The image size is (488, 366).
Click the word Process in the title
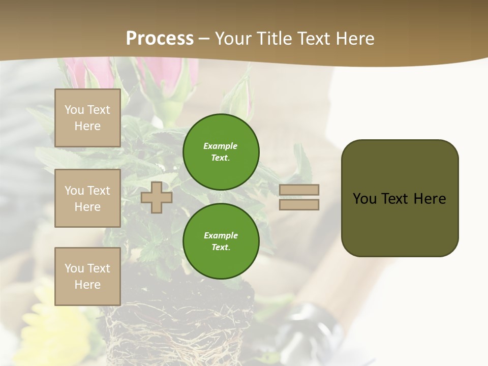160,39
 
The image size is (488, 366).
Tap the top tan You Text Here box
87,118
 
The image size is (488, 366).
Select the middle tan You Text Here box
87,198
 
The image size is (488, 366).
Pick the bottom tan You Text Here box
87,276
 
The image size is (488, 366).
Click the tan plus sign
157,197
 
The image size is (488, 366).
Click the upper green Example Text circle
221,151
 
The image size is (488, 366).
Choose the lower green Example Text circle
221,241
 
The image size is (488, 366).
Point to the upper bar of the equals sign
299,190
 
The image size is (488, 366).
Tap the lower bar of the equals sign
299,204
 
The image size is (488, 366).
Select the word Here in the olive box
430,199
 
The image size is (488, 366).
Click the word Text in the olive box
395,199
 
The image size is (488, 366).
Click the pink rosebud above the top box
76,71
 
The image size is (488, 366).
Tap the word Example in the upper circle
221,146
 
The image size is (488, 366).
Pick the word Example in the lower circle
221,235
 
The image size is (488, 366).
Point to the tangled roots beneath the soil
178,335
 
